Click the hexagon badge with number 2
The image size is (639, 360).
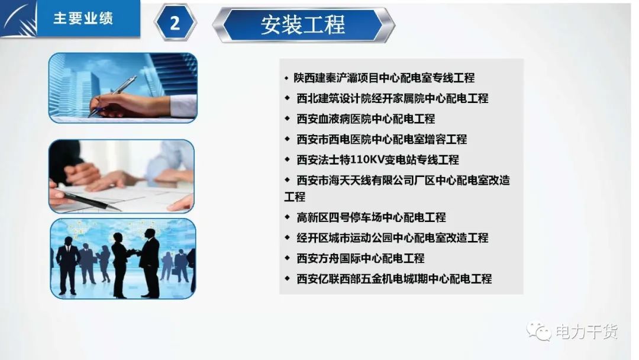175,22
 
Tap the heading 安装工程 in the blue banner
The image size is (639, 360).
303,25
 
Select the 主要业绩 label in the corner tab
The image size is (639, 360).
83,18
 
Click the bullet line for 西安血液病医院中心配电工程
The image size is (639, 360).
366,118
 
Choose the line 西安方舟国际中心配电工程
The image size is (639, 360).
360,258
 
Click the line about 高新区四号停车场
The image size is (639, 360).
371,217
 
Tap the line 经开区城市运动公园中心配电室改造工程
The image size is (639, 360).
392,237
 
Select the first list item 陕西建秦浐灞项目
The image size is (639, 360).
384,78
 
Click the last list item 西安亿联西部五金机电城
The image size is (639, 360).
394,279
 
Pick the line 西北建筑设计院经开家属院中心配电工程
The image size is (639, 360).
392,98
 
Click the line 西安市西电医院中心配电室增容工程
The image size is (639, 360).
382,139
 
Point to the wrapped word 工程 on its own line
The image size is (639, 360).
295,197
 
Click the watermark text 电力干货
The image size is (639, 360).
587,332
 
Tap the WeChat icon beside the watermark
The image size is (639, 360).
539,331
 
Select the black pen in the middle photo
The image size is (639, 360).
91,201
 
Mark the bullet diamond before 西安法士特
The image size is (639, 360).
288,159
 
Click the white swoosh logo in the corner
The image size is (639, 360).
18,18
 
